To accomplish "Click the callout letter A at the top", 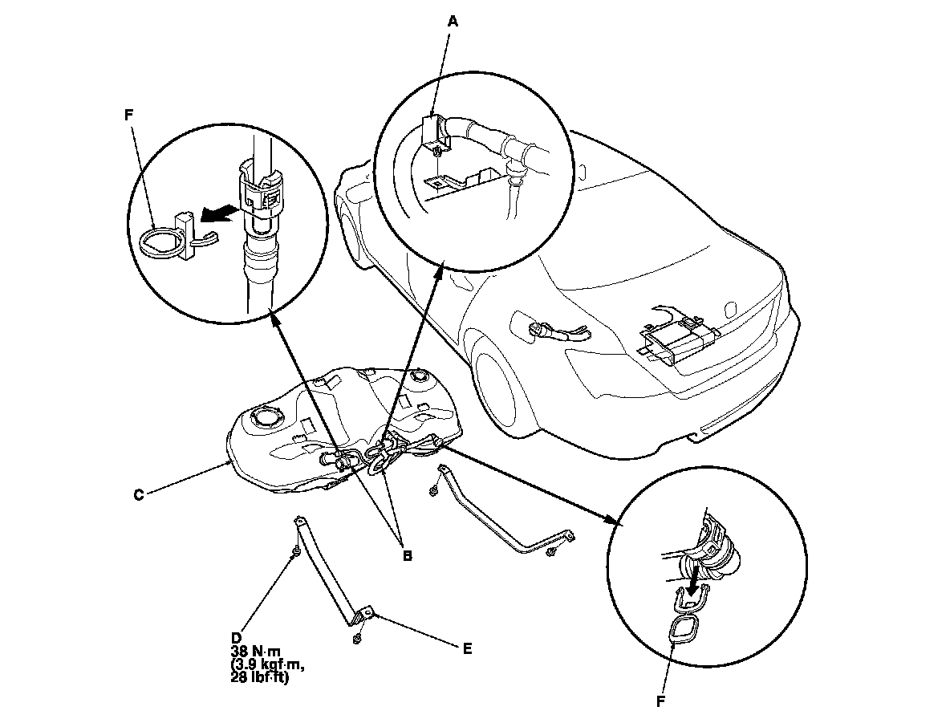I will click(x=453, y=22).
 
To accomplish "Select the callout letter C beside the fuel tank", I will click(x=138, y=495).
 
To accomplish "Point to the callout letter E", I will click(x=468, y=648).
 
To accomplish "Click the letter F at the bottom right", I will click(x=661, y=701).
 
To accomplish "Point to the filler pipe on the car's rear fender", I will click(x=554, y=331).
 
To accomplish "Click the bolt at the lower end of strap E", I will click(x=357, y=640).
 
